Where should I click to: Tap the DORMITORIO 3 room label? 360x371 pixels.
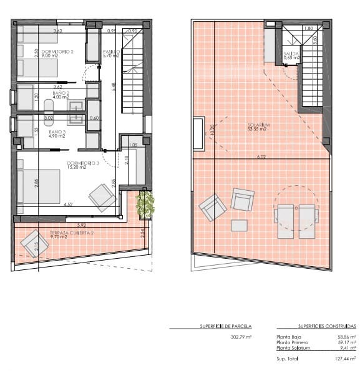[x=83, y=164]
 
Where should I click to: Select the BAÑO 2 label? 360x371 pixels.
[x=61, y=93]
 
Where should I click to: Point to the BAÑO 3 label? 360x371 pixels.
[x=57, y=132]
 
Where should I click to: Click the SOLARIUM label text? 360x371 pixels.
[x=258, y=125]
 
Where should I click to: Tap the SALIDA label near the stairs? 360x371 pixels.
[x=291, y=54]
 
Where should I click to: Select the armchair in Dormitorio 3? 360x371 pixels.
[x=102, y=198]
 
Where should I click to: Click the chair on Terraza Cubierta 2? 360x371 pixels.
[x=30, y=244]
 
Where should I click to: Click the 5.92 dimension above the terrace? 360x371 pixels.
[x=80, y=224]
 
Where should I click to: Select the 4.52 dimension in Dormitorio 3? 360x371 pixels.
[x=69, y=203]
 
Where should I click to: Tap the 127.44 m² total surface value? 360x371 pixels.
[x=344, y=359]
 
